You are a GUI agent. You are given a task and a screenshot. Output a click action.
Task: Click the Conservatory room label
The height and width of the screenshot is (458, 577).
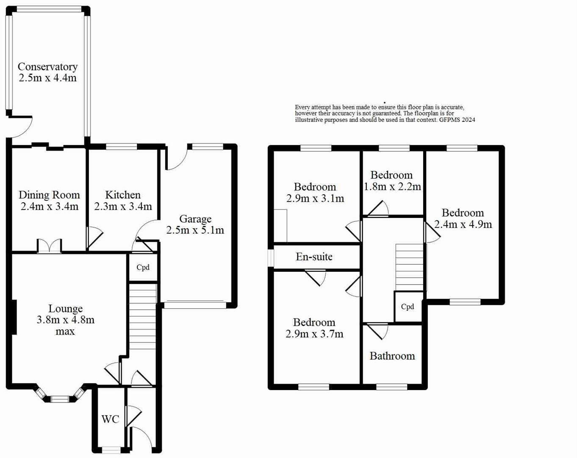tap(47, 67)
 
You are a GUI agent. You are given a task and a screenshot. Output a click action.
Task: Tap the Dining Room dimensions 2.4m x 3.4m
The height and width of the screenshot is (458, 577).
tap(49, 207)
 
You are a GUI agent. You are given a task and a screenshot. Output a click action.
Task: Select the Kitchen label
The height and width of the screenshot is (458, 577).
tap(123, 195)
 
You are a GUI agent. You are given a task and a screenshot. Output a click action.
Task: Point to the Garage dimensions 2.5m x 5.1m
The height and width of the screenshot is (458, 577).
tap(195, 230)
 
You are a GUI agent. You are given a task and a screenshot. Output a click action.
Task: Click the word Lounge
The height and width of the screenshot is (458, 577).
tap(65, 309)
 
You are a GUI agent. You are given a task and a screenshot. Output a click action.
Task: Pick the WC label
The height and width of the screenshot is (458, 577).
tap(110, 419)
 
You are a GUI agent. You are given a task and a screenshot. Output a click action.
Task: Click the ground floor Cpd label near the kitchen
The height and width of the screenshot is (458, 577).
tap(143, 268)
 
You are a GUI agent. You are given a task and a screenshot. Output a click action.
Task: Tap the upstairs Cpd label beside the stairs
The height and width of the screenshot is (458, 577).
tap(408, 307)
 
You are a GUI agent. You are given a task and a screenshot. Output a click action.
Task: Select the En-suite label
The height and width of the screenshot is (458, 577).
tap(314, 257)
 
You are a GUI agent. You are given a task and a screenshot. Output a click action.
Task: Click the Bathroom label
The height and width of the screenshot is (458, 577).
tap(392, 356)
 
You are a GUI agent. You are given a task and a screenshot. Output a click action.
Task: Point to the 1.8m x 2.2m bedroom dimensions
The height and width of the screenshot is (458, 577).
tap(392, 187)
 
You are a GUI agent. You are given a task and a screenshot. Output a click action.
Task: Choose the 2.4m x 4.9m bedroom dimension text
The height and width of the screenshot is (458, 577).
tap(463, 224)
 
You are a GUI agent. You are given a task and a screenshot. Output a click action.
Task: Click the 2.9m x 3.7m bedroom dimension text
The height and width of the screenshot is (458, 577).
tap(314, 334)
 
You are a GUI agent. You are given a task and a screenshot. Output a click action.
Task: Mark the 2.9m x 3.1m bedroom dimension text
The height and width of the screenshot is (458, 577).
tap(315, 198)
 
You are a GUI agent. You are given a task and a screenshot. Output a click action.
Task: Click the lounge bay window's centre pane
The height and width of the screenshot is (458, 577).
tap(60, 399)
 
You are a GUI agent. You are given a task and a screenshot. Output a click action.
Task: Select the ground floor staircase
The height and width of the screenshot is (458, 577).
tap(143, 316)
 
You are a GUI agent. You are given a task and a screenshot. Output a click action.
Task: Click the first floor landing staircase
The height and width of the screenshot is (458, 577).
tap(409, 267)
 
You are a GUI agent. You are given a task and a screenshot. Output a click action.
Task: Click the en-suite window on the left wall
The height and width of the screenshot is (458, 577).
tap(270, 257)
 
